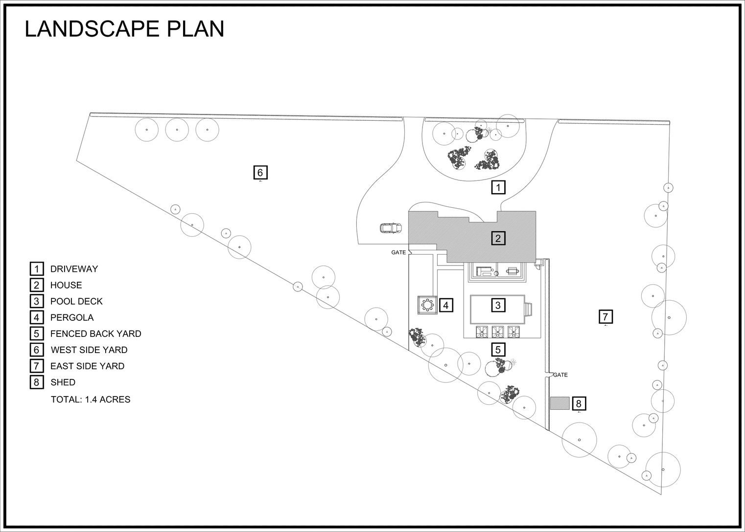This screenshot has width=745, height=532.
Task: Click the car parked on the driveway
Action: pos(391,228)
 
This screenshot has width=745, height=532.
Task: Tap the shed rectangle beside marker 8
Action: pos(560,403)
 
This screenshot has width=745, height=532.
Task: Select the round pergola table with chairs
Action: pos(427,304)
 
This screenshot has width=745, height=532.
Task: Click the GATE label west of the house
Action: pos(398,252)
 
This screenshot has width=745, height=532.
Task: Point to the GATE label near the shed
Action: pos(560,375)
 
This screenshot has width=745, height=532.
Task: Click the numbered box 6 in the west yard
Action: pos(260,173)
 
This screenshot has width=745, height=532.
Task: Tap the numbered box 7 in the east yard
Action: pos(605,316)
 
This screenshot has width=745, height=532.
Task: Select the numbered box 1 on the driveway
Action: pos(498,187)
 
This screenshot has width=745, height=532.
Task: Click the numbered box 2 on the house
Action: pos(498,238)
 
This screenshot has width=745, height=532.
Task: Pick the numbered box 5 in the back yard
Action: pos(498,349)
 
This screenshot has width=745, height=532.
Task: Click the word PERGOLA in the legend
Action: pos(72,318)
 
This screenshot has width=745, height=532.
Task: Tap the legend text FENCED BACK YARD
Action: pos(96,333)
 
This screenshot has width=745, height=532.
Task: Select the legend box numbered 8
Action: pos(37,382)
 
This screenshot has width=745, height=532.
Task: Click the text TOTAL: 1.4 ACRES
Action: pos(91,399)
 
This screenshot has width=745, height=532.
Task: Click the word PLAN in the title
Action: pos(196,29)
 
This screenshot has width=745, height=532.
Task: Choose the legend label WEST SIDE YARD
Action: pos(89,350)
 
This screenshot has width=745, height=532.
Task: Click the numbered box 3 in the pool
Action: pos(498,305)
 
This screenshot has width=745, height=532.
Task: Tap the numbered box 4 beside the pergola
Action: pos(446,305)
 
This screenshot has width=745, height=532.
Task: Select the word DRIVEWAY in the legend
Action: pos(74,269)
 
